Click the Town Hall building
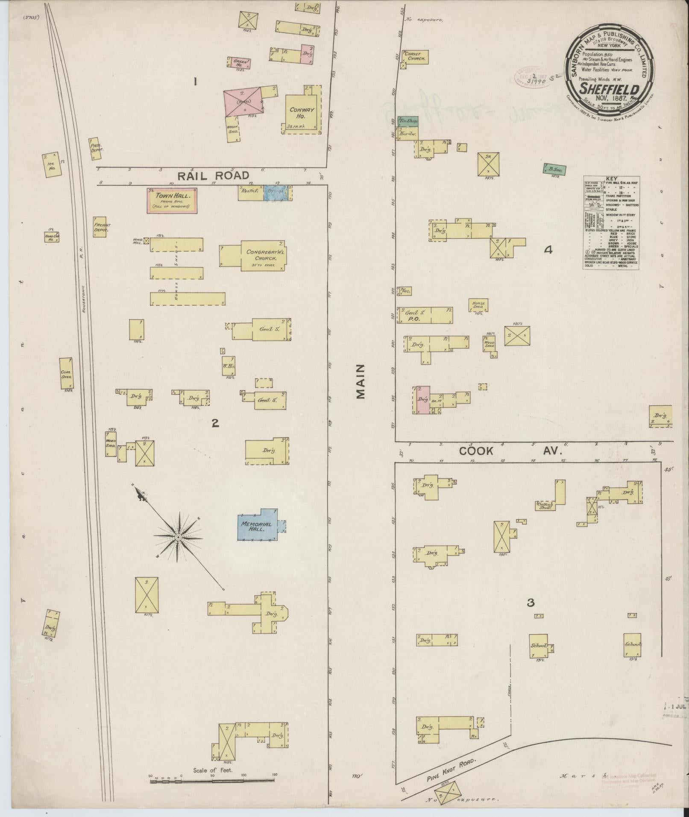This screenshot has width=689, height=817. tap(173, 201)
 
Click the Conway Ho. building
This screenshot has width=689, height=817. tap(302, 113)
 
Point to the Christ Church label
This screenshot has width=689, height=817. tap(416, 56)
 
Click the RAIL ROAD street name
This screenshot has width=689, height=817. tap(213, 176)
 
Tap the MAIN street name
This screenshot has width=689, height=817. tap(361, 381)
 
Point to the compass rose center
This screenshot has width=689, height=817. tap(177, 536)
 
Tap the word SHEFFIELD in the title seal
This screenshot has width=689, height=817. tap(609, 89)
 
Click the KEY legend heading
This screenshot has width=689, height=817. tap(611, 179)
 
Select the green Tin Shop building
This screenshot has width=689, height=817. tap(408, 121)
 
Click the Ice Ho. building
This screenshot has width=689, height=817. tap(52, 165)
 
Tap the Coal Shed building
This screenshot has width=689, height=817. tap(66, 373)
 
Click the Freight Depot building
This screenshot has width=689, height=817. tap(102, 228)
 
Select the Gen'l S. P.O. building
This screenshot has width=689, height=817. tap(425, 315)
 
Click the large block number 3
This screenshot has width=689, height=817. tap(531, 603)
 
